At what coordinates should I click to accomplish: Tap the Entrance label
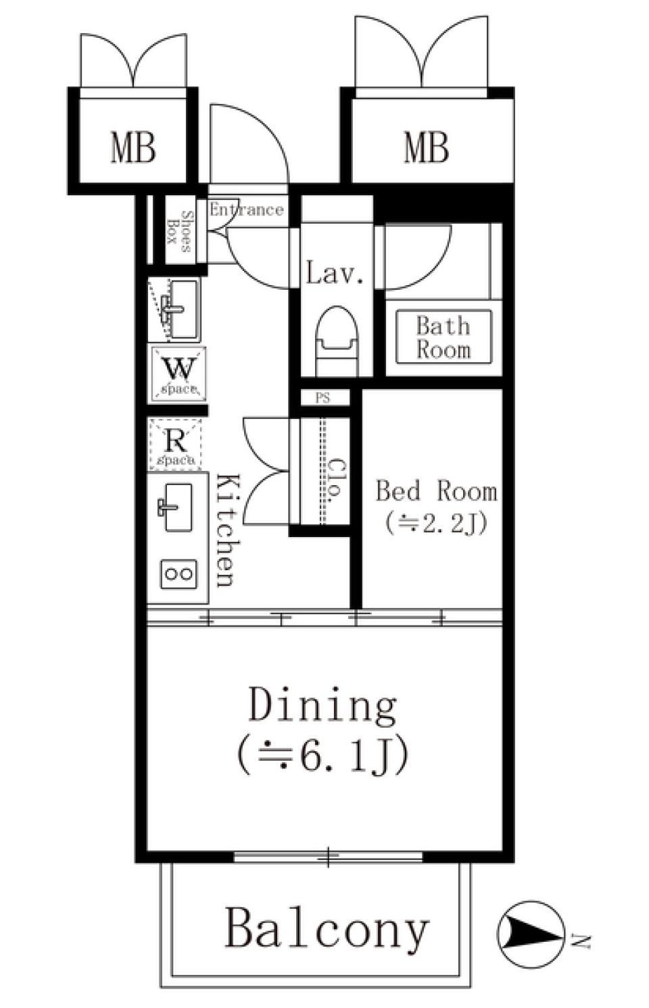pos(246,209)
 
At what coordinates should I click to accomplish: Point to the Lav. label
pos(335,273)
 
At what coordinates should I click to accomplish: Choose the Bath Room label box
pos(443,338)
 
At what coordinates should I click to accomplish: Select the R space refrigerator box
pos(175,444)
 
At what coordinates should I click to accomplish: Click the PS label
pos(323,398)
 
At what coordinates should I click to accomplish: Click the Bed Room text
pos(436,491)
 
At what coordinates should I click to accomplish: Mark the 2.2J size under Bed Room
pos(436,523)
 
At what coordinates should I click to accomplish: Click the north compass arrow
pos(531,934)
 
